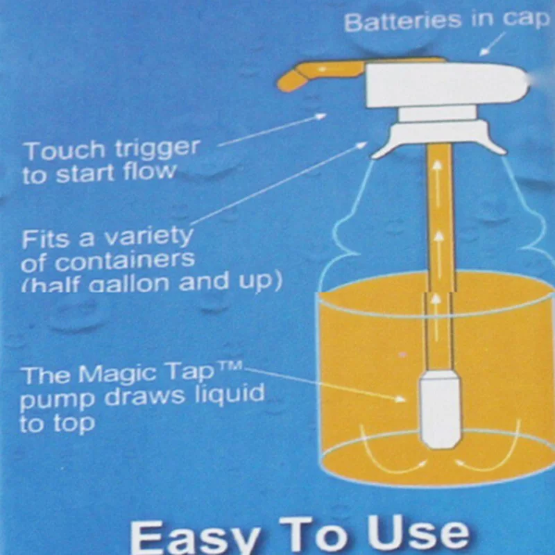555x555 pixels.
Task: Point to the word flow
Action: (x=149, y=171)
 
